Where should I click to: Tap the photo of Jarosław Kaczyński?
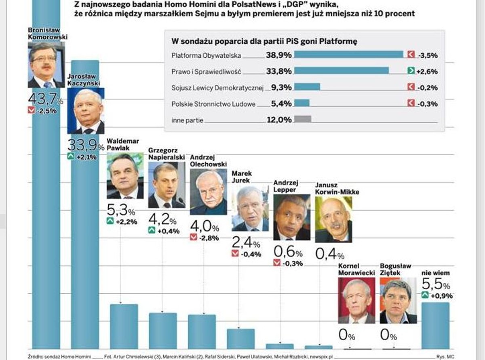86,111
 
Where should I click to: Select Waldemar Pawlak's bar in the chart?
124,326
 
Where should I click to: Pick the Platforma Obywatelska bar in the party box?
348,55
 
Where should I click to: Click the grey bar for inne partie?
303,119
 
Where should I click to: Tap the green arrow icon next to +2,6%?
411,71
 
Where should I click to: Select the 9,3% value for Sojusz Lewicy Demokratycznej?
279,87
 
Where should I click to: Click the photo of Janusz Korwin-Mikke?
333,219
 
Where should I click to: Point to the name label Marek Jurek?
242,177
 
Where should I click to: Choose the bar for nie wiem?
435,325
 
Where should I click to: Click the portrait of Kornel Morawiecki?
356,300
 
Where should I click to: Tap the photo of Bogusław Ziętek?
398,300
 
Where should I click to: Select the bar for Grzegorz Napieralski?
163,331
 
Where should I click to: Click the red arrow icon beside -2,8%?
194,238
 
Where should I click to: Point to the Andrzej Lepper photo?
292,217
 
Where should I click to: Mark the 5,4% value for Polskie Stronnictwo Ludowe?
279,103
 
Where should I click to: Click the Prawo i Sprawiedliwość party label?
206,72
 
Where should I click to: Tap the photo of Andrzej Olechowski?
209,192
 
